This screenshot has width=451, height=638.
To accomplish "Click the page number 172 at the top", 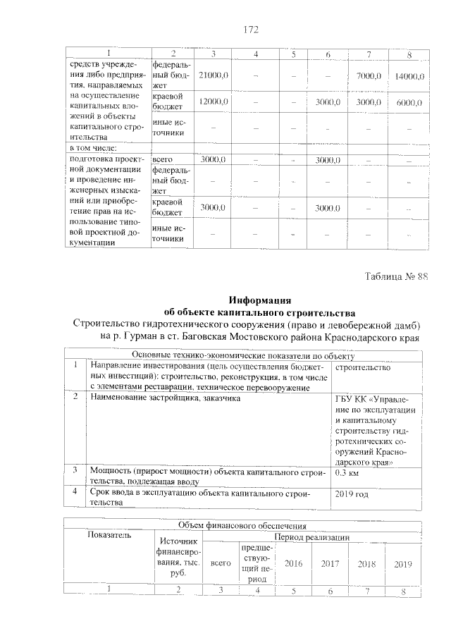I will [x=252, y=30].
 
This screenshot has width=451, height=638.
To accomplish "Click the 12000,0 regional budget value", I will [x=212, y=102].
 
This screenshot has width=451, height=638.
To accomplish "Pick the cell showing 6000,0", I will [x=409, y=102].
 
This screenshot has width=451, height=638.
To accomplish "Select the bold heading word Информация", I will [x=259, y=300].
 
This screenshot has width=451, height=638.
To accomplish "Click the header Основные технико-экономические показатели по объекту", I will [x=244, y=355].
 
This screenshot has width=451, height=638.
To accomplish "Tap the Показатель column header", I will [x=109, y=536].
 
